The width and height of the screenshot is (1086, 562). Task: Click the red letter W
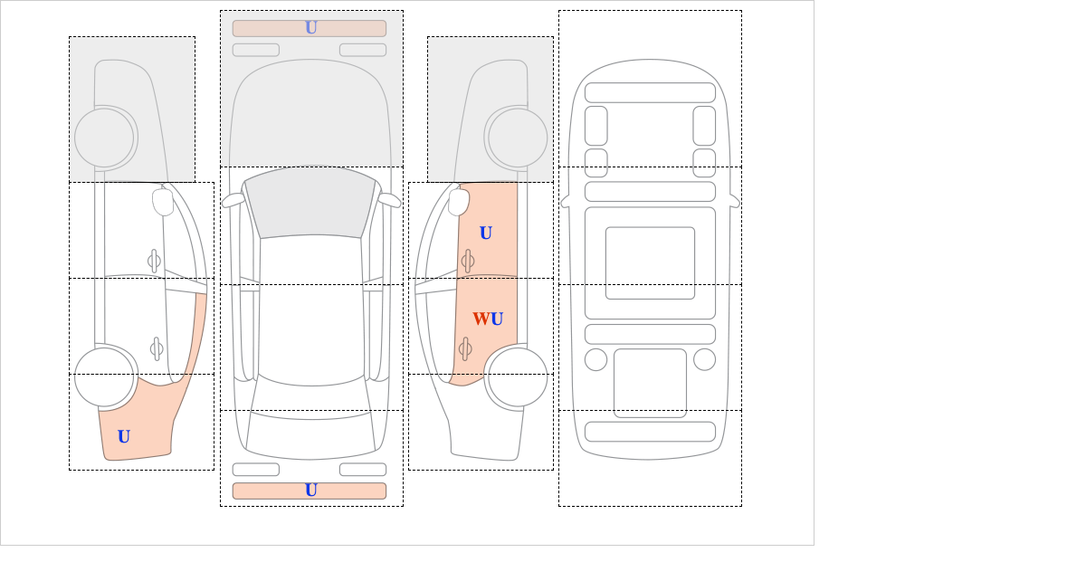coord(481,319)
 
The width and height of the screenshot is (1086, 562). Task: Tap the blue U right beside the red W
coord(497,319)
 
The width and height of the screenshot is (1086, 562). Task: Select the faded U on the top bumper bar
coord(311,28)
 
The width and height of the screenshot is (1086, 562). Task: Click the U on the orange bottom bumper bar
coord(311,491)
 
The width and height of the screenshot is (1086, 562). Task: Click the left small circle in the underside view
coord(595,360)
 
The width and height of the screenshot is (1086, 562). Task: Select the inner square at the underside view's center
coord(650,262)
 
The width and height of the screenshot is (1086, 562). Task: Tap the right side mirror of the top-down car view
coord(389,200)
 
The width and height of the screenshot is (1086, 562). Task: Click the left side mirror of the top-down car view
coord(233,200)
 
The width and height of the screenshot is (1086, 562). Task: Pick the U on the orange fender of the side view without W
coord(124,436)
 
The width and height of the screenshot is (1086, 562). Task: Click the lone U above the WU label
coord(486,233)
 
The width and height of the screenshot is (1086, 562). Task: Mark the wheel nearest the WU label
coord(518,376)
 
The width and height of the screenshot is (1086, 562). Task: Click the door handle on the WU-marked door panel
coord(465,348)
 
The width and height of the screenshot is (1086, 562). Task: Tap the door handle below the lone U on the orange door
coord(468,261)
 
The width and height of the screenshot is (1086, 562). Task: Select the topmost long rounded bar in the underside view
coord(650,92)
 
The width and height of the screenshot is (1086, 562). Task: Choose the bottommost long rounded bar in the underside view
coord(650,432)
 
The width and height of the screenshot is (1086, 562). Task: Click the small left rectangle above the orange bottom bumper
coord(256,470)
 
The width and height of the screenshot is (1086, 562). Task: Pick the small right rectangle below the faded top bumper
coord(363,50)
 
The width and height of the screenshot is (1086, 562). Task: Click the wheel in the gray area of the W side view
coord(518,138)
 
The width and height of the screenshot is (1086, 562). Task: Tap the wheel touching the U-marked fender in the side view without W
coord(104,376)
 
